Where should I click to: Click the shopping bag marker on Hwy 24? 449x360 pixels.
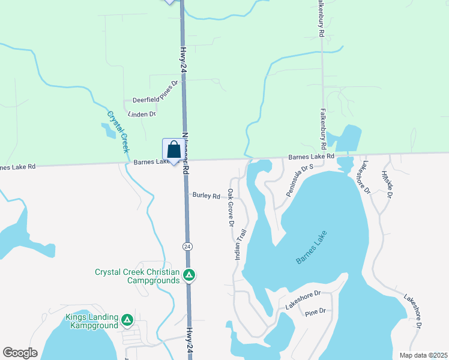(x=173, y=150)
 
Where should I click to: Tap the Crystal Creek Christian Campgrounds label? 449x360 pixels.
(x=137, y=276)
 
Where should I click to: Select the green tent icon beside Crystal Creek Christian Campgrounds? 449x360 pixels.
(x=189, y=275)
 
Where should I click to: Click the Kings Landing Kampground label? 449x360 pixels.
(x=94, y=321)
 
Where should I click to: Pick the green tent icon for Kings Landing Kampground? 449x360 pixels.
(x=127, y=320)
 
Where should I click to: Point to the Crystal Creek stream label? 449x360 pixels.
(x=118, y=131)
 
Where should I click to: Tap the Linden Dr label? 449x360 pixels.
(x=142, y=113)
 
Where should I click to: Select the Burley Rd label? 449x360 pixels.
(x=206, y=195)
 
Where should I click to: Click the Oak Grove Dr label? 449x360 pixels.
(x=231, y=208)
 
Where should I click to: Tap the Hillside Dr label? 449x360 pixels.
(x=387, y=184)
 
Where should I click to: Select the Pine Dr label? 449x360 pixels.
(x=315, y=313)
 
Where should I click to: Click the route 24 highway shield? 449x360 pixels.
(x=188, y=247)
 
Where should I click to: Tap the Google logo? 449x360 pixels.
(x=20, y=352)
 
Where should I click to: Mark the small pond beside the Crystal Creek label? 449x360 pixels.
(x=109, y=130)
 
